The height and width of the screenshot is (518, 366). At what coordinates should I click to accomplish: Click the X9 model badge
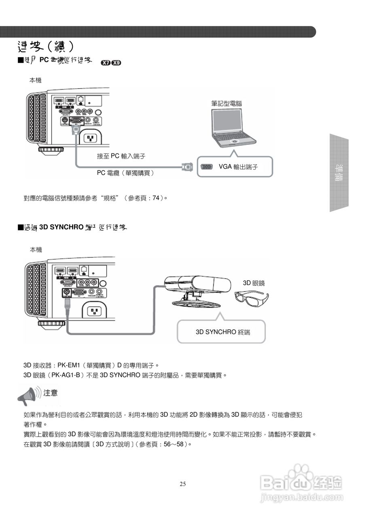coord(116,63)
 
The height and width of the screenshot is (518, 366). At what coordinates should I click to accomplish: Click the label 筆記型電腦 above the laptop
coord(226,104)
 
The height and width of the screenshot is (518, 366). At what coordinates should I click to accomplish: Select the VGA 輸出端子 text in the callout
coord(238,167)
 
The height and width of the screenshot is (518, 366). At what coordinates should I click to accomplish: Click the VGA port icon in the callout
coord(207,167)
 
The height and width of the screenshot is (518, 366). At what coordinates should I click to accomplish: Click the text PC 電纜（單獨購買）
coord(126,173)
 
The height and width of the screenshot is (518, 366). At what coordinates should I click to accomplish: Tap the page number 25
coord(183,484)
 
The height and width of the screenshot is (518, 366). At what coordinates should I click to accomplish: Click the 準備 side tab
coord(339,173)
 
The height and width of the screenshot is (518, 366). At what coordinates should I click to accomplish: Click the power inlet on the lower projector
coord(93,311)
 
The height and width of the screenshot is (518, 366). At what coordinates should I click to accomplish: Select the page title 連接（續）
coord(45,47)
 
